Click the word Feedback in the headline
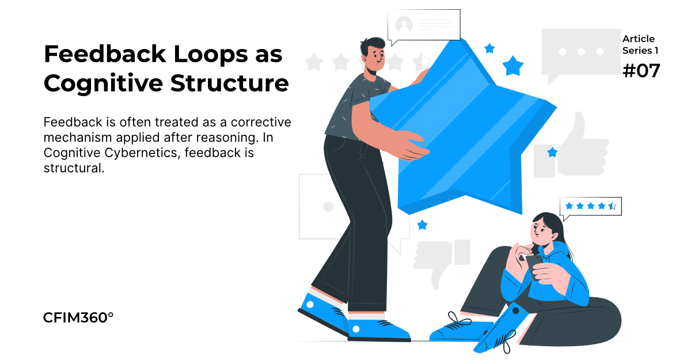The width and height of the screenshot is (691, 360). tap(105, 54)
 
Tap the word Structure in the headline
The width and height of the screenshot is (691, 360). tap(230, 84)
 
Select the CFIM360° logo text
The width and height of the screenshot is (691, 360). tap(78, 318)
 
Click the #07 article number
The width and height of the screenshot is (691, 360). tap(641, 71)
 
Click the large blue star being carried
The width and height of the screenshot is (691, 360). tap(463, 127)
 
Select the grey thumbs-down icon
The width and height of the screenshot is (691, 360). tap(442, 262)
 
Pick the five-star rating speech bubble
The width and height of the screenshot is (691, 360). tap(590, 207)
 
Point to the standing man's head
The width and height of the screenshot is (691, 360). tap(374, 55)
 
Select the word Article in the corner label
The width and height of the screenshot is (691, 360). tap(638, 39)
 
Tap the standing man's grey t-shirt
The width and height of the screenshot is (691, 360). tap(355, 108)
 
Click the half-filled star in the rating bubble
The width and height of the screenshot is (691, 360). tap(612, 206)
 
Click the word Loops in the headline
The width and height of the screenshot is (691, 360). tap(211, 54)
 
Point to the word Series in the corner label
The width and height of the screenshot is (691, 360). tap(637, 51)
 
